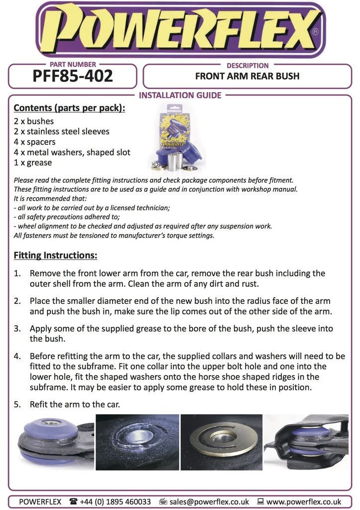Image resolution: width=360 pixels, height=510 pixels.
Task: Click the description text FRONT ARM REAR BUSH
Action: pos(247,77)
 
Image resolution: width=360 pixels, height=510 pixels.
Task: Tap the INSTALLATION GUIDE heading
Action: pos(180,95)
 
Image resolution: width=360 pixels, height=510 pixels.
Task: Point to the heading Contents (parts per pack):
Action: pos(69,108)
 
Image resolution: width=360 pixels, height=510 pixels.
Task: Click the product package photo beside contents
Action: pos(177,137)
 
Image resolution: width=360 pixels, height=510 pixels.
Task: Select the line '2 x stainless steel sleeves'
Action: pos(61,131)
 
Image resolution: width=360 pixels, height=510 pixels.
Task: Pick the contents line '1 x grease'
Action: pos(33,162)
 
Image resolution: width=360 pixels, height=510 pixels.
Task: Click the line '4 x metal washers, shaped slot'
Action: pos(72,152)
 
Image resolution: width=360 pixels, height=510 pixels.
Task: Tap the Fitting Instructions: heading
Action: pos(55,255)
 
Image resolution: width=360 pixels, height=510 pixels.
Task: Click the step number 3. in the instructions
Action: pos(17,329)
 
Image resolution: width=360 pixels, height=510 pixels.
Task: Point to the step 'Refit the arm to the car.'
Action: pos(75,404)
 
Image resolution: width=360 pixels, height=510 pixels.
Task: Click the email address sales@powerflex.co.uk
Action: pos(209,502)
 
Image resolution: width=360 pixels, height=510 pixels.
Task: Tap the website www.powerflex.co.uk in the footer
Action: pos(304,502)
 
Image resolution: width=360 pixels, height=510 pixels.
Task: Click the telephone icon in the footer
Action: pos(73,502)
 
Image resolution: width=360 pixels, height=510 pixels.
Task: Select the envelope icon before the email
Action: pos(163,502)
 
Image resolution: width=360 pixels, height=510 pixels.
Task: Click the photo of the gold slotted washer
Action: pos(222,442)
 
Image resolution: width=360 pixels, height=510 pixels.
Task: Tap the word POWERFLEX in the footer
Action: pos(40,502)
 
